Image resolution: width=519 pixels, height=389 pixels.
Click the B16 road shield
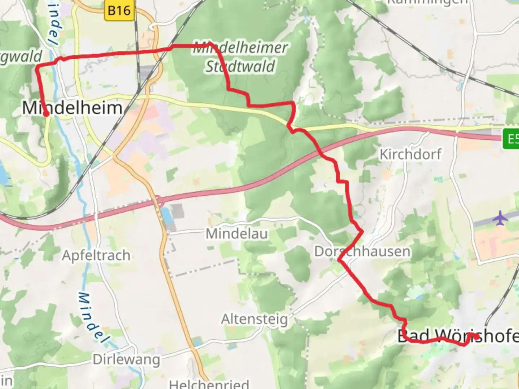click(x=119, y=10)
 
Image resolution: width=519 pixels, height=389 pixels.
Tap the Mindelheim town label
click(x=72, y=108)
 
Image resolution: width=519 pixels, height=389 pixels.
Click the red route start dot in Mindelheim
click(x=46, y=114)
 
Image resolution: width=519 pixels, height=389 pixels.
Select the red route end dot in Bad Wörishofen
click(x=476, y=337)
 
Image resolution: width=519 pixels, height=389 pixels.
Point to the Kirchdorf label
click(x=410, y=155)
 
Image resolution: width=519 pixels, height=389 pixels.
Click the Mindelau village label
click(x=236, y=234)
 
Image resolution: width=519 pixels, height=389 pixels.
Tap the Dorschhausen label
click(x=362, y=251)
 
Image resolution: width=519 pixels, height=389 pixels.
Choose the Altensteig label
click(x=254, y=319)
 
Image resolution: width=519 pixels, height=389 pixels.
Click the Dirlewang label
click(x=126, y=359)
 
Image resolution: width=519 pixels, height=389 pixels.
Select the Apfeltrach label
click(x=96, y=255)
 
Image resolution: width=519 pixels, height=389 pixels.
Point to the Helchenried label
click(x=209, y=384)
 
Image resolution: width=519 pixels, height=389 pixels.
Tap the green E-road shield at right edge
click(x=511, y=138)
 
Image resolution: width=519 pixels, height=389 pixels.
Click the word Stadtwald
click(x=240, y=67)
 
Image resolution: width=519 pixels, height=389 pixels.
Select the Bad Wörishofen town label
click(x=458, y=336)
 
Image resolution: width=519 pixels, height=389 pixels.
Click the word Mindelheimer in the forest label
click(x=240, y=48)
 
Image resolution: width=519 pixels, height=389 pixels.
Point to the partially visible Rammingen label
click(x=427, y=2)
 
